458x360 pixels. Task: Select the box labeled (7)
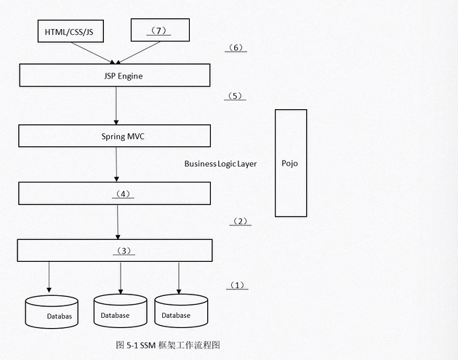(x=159, y=31)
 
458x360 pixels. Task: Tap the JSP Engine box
(x=115, y=75)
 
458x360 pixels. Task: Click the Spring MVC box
(x=115, y=136)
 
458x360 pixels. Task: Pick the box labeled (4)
(x=115, y=193)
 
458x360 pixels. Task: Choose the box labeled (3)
(x=115, y=250)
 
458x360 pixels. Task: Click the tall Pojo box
(x=290, y=163)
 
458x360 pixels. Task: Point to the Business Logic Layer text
(x=220, y=164)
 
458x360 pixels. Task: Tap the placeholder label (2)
(x=240, y=221)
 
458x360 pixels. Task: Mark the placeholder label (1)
(x=237, y=285)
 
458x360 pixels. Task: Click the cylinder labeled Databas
(x=51, y=313)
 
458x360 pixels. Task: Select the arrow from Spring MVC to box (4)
(x=116, y=165)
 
